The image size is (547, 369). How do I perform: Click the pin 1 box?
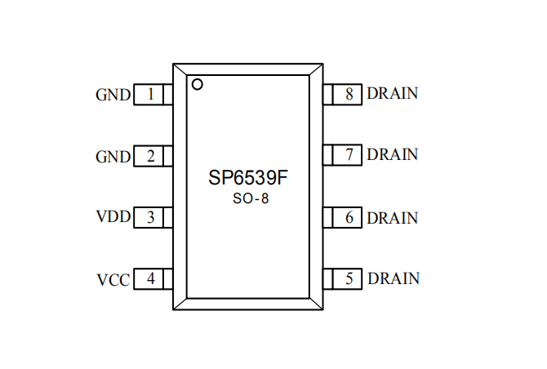pos(153,95)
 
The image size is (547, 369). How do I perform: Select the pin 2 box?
pos(153,156)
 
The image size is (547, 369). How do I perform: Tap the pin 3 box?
pos(153,218)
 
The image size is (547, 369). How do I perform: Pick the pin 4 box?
pos(153,279)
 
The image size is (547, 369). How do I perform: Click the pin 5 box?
pos(344,279)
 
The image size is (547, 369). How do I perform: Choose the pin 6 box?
pos(344,218)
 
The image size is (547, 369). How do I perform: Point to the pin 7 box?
pos(344,155)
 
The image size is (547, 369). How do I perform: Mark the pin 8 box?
pos(344,94)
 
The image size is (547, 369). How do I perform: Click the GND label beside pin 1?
pos(113,96)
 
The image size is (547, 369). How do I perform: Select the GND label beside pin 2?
pos(113,157)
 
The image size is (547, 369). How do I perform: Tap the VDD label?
pos(113,218)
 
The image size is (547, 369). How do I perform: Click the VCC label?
pos(113,280)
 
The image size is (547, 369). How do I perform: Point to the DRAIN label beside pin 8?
pos(392,93)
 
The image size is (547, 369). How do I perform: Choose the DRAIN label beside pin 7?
pos(392,154)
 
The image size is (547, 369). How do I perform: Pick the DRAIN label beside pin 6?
pos(392,218)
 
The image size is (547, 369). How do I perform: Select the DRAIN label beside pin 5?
pos(394,278)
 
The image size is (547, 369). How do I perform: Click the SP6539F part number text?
pos(246,178)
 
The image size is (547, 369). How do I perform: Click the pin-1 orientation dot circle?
pos(197,83)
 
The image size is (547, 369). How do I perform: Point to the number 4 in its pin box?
pos(150,279)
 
